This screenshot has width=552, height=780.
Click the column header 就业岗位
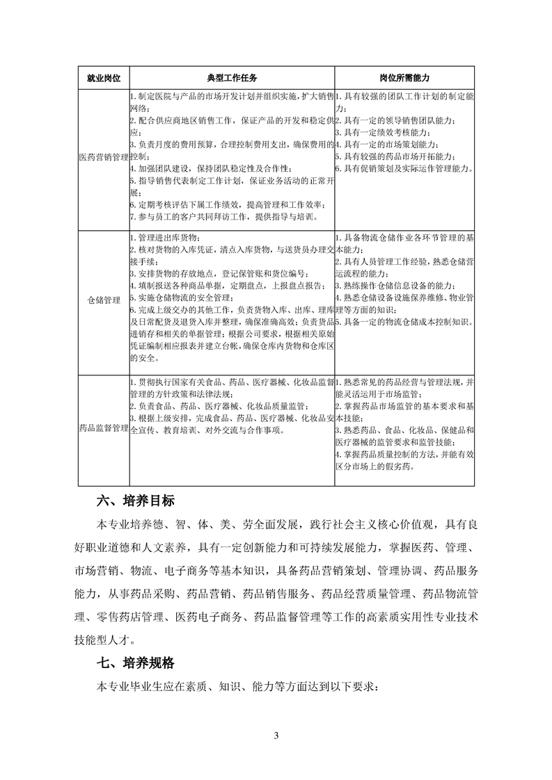103,76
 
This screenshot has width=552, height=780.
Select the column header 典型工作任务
232,76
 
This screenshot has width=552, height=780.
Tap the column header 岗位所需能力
404,76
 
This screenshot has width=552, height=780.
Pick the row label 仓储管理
103,300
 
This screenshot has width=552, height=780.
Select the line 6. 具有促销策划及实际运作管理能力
404,168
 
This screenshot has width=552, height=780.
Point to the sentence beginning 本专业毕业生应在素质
237,688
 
